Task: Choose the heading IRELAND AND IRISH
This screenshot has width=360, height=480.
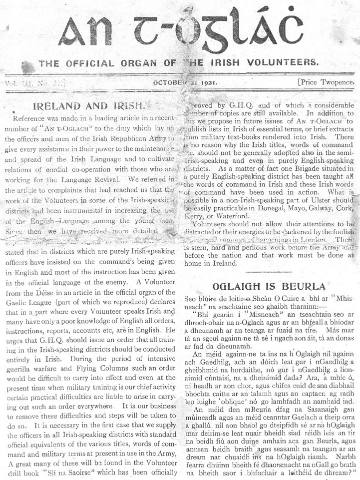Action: pos(88,106)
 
